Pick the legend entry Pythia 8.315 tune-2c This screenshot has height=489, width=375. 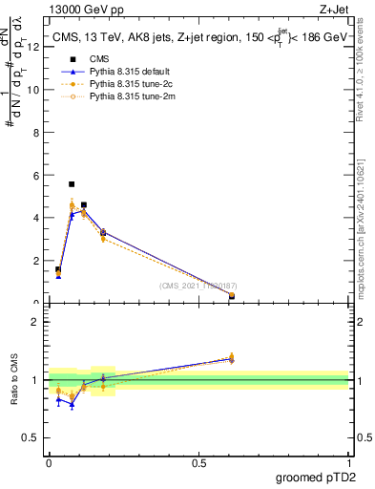click(125, 84)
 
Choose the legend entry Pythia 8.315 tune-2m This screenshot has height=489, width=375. click(126, 96)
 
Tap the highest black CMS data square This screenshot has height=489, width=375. click(72, 183)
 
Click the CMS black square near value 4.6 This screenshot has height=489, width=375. click(84, 204)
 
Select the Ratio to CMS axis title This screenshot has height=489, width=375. click(14, 380)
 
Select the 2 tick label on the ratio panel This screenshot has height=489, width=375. click(34, 322)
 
